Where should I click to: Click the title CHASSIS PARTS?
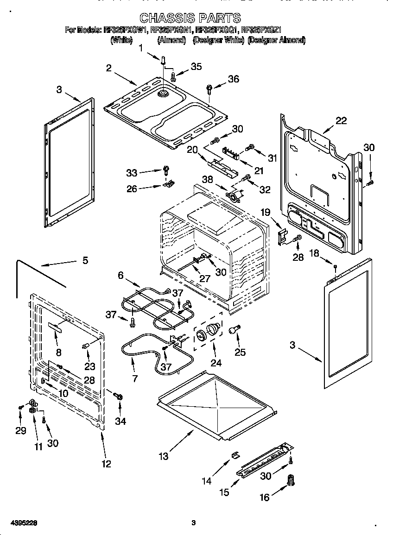click(x=190, y=18)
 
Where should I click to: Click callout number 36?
click(x=233, y=79)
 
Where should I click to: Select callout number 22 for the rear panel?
click(x=341, y=120)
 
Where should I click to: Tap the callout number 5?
click(x=85, y=260)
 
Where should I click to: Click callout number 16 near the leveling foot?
click(x=264, y=497)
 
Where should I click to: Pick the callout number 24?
click(x=216, y=363)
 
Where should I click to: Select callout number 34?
click(x=120, y=421)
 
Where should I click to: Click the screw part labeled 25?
click(x=234, y=330)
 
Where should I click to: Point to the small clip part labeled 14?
click(x=235, y=455)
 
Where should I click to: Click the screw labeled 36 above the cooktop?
click(x=209, y=88)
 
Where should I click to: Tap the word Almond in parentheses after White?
click(x=171, y=41)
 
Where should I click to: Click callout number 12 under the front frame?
click(x=106, y=464)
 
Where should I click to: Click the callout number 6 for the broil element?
click(x=120, y=275)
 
